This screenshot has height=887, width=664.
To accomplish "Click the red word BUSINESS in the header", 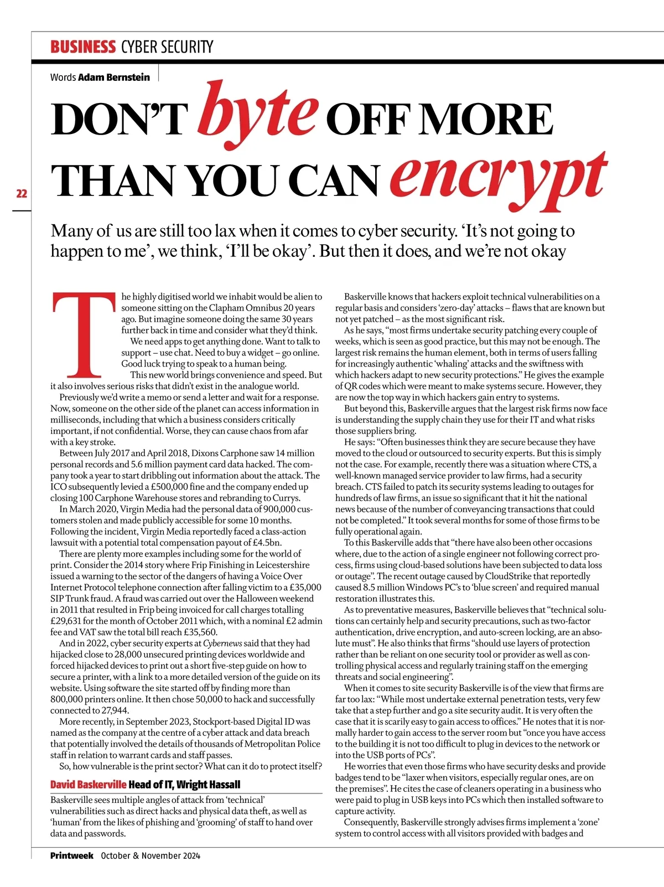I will tap(83, 47).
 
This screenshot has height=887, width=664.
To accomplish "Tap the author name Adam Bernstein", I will tap(114, 77).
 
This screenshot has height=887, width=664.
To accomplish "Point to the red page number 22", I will tap(22, 193).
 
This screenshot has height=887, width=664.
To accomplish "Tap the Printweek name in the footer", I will tap(72, 855).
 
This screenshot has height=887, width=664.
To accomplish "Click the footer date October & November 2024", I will tap(151, 855).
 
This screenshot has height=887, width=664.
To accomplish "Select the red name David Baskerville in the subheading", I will tap(89, 785).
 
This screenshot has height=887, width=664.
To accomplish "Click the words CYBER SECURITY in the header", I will tap(167, 47).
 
